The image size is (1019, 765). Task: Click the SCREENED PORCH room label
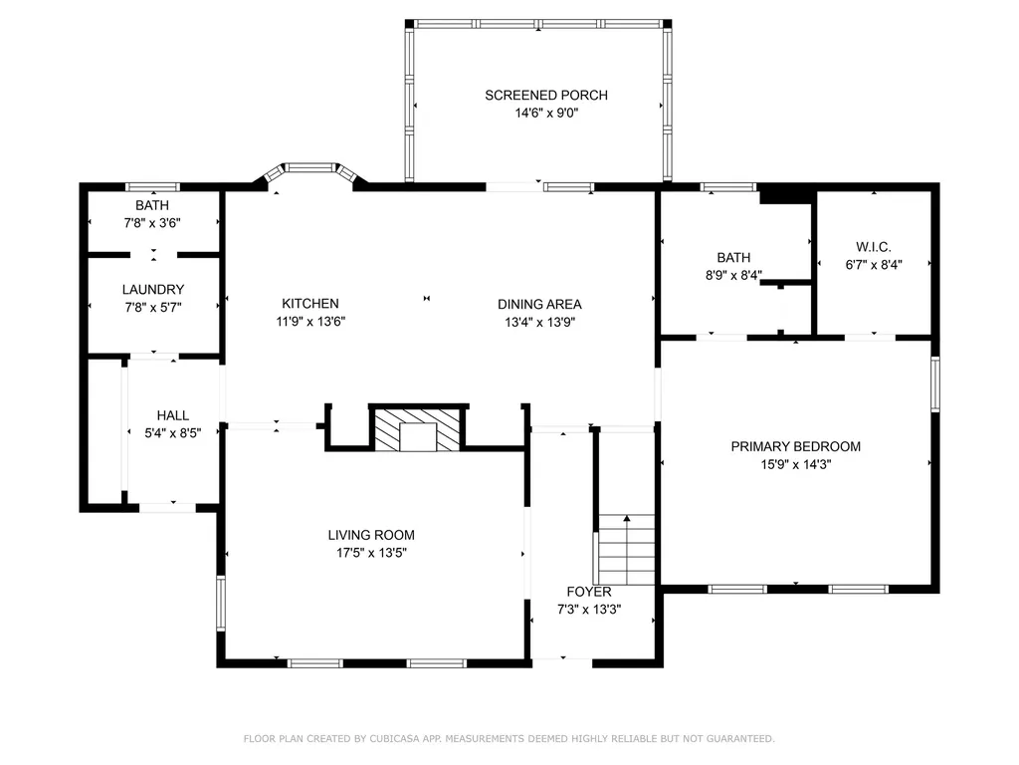[x=546, y=95]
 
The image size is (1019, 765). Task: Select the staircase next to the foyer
[x=627, y=550]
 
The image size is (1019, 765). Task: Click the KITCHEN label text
[x=310, y=303]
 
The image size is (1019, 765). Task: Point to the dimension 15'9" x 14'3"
[x=795, y=464]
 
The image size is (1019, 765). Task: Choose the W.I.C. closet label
[x=874, y=247]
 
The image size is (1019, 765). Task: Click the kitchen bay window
[x=310, y=171]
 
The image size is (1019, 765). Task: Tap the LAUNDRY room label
[x=152, y=290]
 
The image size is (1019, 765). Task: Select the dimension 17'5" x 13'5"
[x=371, y=553]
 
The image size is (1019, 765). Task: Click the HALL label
[x=173, y=415]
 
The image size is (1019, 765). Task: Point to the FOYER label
[x=589, y=592]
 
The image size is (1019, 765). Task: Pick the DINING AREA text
[x=539, y=304]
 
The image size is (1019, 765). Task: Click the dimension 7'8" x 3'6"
[x=152, y=223]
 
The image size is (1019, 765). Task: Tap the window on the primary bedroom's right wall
[x=935, y=383]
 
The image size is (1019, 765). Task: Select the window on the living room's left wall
[x=221, y=603]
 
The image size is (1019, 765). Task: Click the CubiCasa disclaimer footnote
[x=509, y=738]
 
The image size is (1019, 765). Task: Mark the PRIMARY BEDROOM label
[x=795, y=446]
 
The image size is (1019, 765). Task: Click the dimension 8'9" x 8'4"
[x=733, y=275]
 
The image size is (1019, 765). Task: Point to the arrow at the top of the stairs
[x=627, y=518]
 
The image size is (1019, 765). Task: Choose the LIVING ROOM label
[x=371, y=535]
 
